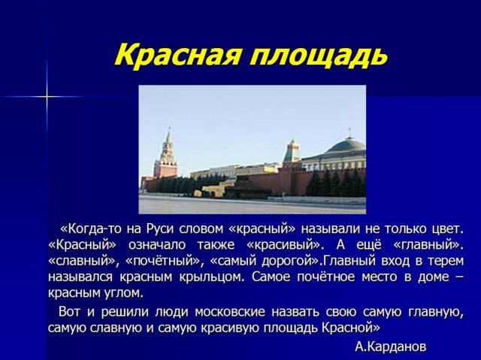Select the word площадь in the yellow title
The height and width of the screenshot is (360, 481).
(x=318, y=56)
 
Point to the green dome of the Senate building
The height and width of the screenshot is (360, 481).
(x=346, y=147)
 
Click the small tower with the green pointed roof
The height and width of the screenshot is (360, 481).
(x=292, y=151)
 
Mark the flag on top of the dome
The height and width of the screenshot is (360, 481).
(x=349, y=131)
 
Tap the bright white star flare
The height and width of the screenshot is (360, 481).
(x=47, y=97)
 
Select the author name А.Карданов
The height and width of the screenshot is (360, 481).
(x=391, y=346)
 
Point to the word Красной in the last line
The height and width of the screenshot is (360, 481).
(x=351, y=328)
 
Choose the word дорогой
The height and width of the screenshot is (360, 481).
(x=291, y=262)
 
